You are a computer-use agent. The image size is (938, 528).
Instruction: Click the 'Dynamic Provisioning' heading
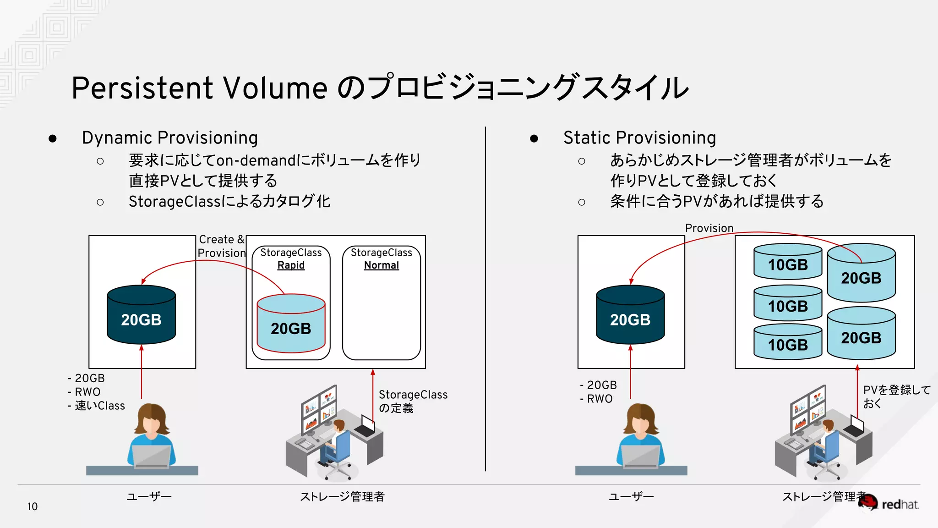point(169,137)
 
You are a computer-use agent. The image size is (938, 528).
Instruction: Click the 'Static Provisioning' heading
point(639,137)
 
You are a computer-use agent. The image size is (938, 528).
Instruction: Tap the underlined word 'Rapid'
point(291,265)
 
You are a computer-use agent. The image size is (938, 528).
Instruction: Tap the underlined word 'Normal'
point(381,265)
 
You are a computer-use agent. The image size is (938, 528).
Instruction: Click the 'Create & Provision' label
point(222,246)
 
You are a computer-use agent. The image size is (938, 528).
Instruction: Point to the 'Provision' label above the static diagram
point(709,228)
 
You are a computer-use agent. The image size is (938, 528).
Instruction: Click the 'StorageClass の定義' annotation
point(412,401)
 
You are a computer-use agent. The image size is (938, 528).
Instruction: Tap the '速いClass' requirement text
point(99,406)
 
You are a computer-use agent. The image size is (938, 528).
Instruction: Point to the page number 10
point(32,506)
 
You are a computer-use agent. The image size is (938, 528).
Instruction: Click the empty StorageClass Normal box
point(381,316)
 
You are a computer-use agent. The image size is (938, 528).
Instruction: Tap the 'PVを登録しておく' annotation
point(896,396)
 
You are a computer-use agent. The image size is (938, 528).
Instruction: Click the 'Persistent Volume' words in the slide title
point(199,88)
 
